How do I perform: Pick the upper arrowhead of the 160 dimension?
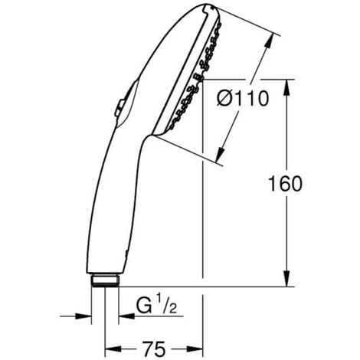pyautogui.click(x=286, y=82)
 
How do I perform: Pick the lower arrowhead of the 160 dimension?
pyautogui.click(x=286, y=281)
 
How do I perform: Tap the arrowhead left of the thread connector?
pyautogui.click(x=87, y=314)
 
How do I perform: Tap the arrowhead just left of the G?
pyautogui.click(x=123, y=314)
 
